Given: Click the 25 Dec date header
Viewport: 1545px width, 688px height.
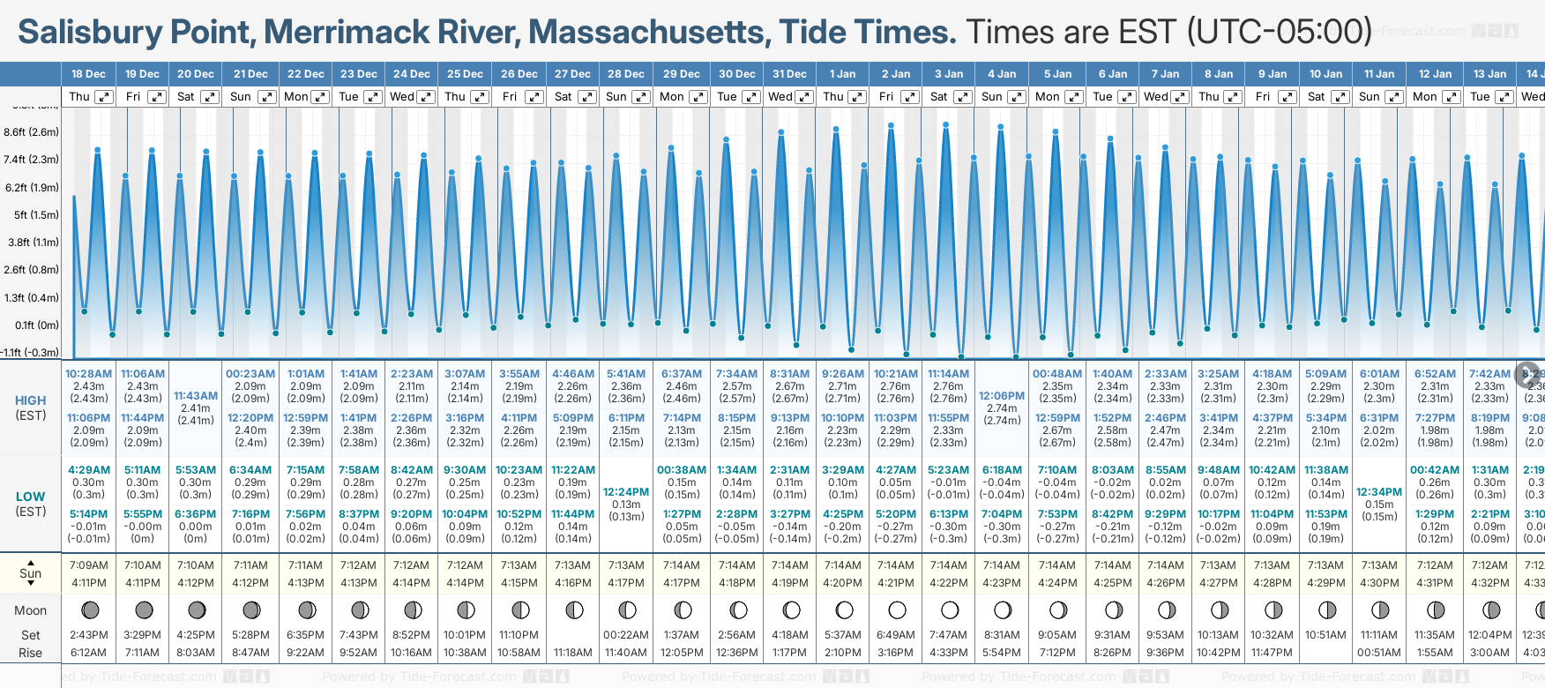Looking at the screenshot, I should (465, 74).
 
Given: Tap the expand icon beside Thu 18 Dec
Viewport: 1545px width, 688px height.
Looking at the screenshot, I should (104, 97).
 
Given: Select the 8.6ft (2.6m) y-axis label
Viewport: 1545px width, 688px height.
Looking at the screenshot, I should (32, 132).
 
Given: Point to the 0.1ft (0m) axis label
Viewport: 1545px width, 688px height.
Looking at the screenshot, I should (37, 325).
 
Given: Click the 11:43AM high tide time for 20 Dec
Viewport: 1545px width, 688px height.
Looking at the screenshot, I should (196, 396).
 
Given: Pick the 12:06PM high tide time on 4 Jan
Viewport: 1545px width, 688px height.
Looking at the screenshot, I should (1002, 396).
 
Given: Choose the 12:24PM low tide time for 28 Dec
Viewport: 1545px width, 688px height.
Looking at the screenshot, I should (626, 492).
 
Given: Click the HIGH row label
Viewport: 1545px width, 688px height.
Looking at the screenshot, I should (31, 400).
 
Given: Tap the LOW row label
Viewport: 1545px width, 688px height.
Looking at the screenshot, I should (31, 497).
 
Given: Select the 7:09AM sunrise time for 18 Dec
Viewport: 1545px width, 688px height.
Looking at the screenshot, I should (88, 565).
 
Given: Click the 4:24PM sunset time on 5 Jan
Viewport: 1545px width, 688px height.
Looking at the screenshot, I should (1056, 583).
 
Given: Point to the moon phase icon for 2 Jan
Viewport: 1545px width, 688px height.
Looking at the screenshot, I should (897, 609).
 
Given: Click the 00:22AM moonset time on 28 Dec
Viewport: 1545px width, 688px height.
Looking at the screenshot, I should (626, 635).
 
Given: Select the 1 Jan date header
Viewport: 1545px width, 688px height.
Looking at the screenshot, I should (842, 74).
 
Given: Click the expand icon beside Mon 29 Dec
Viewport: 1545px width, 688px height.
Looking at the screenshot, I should (698, 97).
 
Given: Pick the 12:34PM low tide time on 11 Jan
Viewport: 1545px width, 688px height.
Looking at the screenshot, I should (1379, 492).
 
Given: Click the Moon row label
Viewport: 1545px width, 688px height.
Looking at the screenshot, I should (30, 610).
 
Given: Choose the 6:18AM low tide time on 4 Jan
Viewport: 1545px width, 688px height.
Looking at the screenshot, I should (1002, 470).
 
